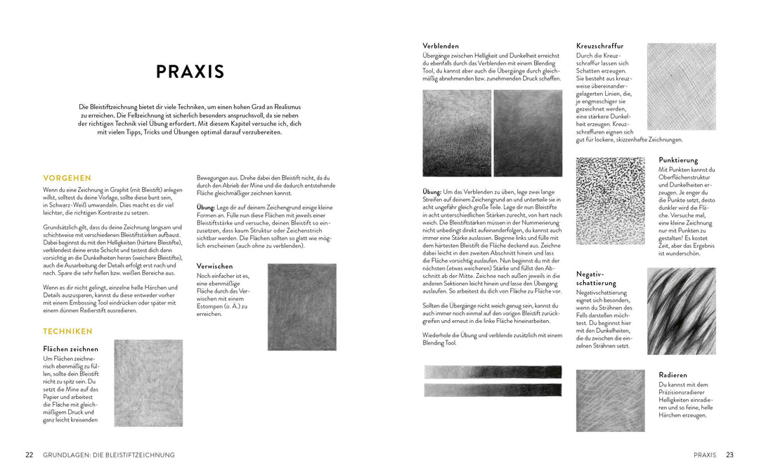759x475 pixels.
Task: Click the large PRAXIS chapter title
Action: click(190, 72)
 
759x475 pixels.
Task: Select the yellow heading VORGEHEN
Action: click(67, 178)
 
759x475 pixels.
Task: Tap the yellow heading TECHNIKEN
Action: click(67, 331)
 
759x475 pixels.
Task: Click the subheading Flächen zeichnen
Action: click(70, 349)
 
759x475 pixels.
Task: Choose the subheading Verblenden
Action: click(441, 46)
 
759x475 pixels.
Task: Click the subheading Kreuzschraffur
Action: click(599, 46)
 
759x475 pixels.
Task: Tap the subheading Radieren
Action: click(673, 375)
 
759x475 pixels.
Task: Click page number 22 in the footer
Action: click(30, 455)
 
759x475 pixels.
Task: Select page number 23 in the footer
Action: click(729, 455)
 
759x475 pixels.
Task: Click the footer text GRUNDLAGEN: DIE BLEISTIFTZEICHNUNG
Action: click(109, 455)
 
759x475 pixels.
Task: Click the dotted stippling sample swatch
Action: click(610, 201)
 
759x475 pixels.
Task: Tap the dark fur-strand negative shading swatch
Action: click(681, 311)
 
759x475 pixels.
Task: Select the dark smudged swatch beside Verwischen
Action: click(301, 307)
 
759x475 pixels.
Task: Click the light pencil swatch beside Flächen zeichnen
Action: click(148, 383)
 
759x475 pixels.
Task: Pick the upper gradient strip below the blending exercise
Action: click(493, 372)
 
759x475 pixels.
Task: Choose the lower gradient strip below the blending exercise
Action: click(493, 389)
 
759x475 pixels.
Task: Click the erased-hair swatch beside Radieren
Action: click(610, 400)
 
